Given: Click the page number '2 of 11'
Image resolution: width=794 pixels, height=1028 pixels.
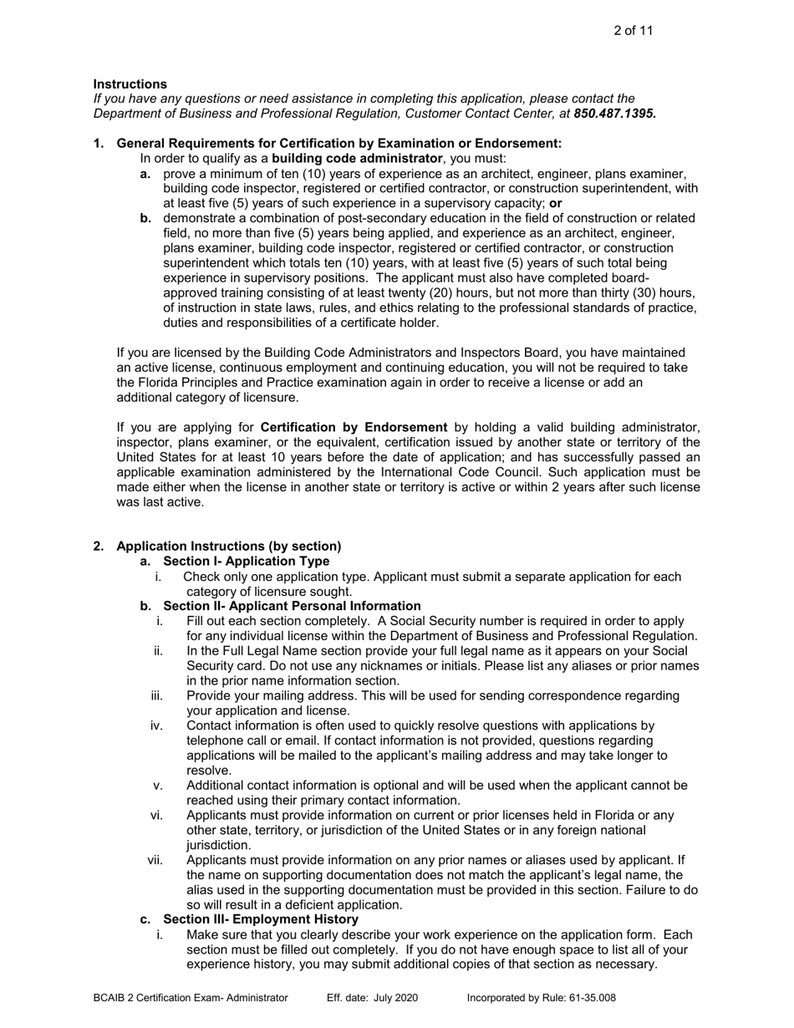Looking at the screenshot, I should (x=633, y=31).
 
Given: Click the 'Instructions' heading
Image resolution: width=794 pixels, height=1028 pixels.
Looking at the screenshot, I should (x=130, y=84).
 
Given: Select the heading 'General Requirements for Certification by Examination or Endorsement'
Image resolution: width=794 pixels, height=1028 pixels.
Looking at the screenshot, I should (x=338, y=144).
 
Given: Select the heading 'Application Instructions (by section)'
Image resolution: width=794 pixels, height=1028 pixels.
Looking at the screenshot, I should (x=228, y=547).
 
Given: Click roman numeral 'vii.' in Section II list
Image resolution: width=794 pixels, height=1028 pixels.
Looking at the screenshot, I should (x=155, y=859).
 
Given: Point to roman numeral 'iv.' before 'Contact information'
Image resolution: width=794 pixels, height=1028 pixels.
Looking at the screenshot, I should (x=156, y=725).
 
